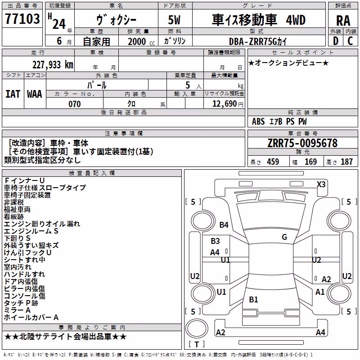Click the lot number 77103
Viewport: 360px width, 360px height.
[22, 19]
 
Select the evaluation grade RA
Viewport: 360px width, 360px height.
[343, 21]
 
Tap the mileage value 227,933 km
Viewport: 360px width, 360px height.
[53, 65]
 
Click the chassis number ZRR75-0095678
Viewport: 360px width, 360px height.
[302, 143]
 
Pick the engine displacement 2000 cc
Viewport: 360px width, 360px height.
[141, 42]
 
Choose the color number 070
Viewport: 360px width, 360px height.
[75, 104]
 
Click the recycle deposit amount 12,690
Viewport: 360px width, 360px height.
[224, 104]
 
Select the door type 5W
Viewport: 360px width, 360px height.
[174, 20]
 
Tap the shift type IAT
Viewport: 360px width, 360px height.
[13, 94]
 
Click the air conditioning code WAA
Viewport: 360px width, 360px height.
[35, 94]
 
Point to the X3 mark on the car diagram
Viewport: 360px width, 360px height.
[321, 184]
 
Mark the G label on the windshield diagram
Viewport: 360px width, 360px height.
[284, 237]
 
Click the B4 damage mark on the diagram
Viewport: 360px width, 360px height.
[224, 225]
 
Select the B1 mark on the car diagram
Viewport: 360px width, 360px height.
[253, 299]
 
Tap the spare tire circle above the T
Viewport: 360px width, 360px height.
[197, 328]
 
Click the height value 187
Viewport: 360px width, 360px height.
[346, 162]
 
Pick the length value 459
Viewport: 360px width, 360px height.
[273, 162]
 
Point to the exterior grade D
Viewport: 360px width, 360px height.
[336, 41]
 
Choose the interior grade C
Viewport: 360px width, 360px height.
[350, 41]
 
